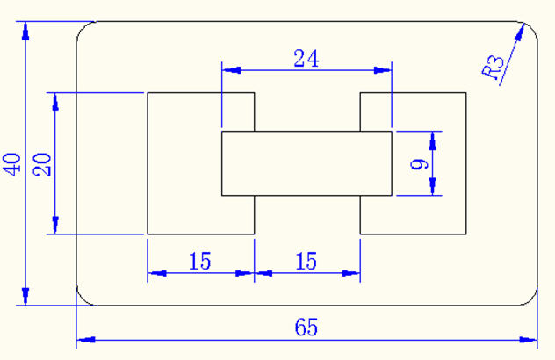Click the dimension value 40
pyautogui.click(x=12, y=163)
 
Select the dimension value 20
pyautogui.click(x=42, y=163)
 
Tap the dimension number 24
pyautogui.click(x=306, y=59)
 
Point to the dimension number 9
pyautogui.click(x=418, y=163)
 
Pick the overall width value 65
pyautogui.click(x=306, y=328)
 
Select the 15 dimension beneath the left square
pyautogui.click(x=200, y=261)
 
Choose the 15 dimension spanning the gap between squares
pyautogui.click(x=306, y=261)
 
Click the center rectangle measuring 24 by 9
pyautogui.click(x=306, y=163)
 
